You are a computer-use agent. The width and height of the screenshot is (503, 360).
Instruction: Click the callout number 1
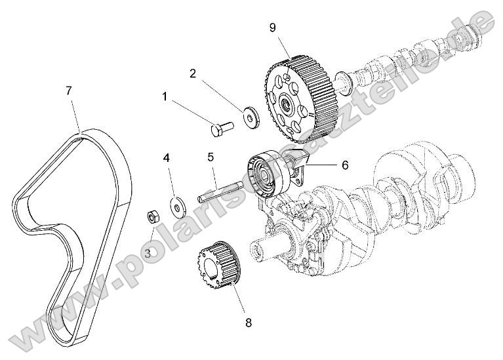click(165, 97)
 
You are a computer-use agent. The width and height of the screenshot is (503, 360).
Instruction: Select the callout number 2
click(193, 73)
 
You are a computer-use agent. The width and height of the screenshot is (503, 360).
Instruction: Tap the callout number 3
click(148, 252)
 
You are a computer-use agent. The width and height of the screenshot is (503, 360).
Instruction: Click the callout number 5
click(211, 157)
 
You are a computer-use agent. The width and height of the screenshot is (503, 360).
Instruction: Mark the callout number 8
click(248, 322)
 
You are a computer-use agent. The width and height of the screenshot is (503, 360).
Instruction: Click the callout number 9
click(272, 27)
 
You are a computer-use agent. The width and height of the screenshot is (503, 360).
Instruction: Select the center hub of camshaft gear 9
click(287, 103)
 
